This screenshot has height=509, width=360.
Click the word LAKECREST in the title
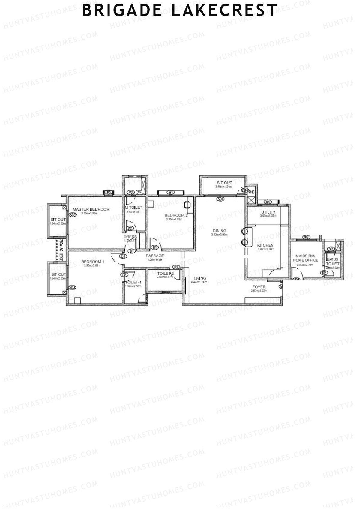224,11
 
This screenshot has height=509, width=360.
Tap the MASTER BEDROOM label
91,209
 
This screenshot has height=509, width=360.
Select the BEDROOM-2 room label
176,215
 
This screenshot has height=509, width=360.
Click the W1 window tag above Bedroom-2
171,193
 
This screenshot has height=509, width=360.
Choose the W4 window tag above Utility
268,202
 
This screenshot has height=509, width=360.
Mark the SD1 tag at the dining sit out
221,199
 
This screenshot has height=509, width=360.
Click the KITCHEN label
265,245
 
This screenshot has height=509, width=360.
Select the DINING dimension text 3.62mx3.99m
219,235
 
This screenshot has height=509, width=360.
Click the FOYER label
259,287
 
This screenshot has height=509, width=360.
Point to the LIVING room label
200,278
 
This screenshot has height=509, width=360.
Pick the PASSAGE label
155,256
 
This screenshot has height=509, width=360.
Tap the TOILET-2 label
165,273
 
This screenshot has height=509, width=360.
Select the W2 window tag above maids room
306,237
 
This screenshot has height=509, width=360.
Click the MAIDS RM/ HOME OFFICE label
305,258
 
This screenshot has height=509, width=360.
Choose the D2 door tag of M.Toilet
130,228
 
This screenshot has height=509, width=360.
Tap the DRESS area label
130,237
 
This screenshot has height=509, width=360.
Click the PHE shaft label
251,192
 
